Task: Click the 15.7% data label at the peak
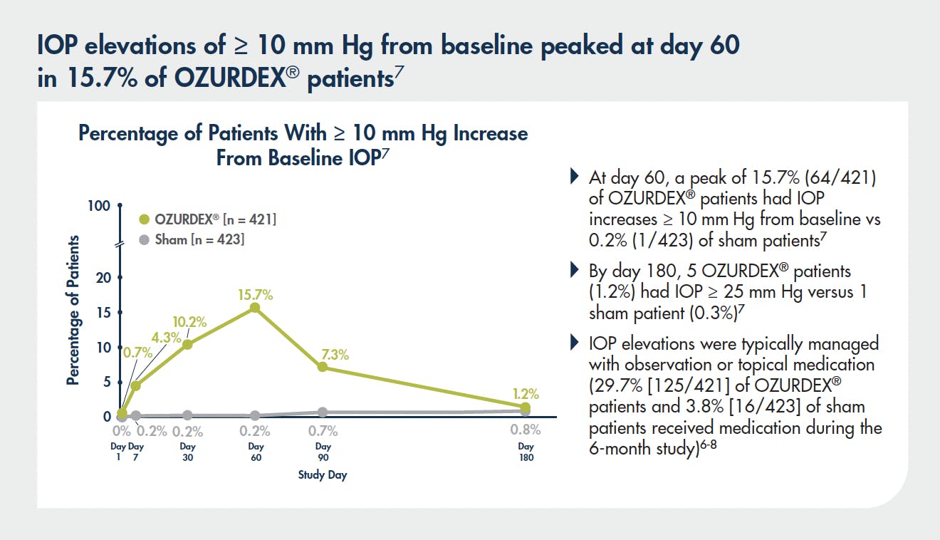pyautogui.click(x=255, y=294)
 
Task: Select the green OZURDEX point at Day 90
pyautogui.click(x=323, y=367)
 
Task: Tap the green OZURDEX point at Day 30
pyautogui.click(x=187, y=345)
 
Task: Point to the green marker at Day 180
pyautogui.click(x=526, y=407)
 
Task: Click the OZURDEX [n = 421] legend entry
pyautogui.click(x=207, y=219)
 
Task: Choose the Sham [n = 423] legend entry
pyautogui.click(x=192, y=240)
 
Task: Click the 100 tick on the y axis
pyautogui.click(x=100, y=206)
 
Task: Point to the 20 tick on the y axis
pyautogui.click(x=104, y=277)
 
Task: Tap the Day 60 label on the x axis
pyautogui.click(x=256, y=452)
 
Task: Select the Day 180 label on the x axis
pyautogui.click(x=526, y=452)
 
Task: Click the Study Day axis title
pyautogui.click(x=322, y=475)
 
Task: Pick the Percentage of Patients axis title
pyautogui.click(x=73, y=311)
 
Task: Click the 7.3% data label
pyautogui.click(x=333, y=355)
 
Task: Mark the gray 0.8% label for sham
pyautogui.click(x=526, y=430)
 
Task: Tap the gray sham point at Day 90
pyautogui.click(x=323, y=412)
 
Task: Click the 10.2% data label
pyautogui.click(x=191, y=322)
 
